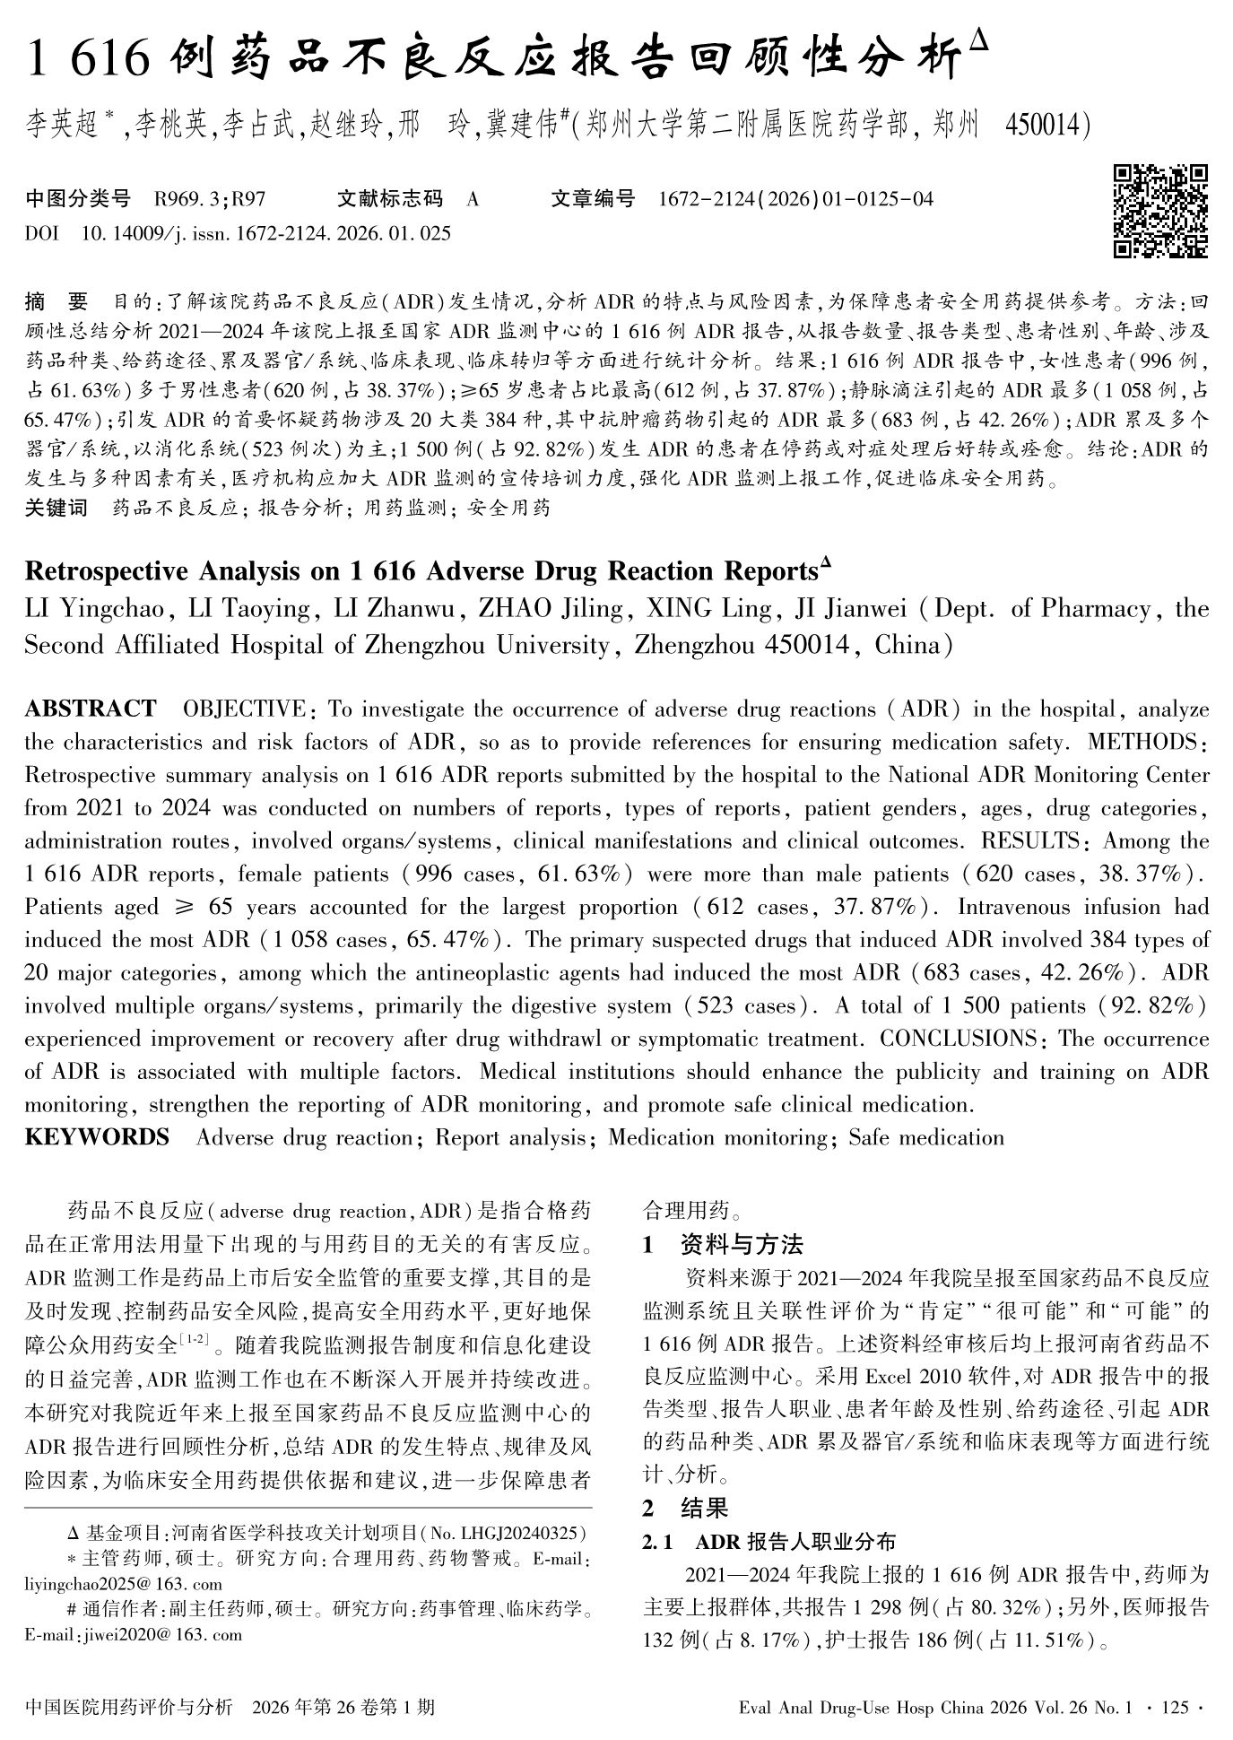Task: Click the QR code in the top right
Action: (1160, 211)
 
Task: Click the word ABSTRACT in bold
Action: (90, 709)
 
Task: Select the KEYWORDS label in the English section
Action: (97, 1137)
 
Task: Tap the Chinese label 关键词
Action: (56, 509)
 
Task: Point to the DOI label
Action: (41, 233)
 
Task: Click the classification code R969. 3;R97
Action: (210, 199)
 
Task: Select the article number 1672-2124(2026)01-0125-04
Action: (795, 199)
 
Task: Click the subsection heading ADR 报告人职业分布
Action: (795, 1542)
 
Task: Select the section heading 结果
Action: (704, 1508)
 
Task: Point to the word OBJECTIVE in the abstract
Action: (243, 709)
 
